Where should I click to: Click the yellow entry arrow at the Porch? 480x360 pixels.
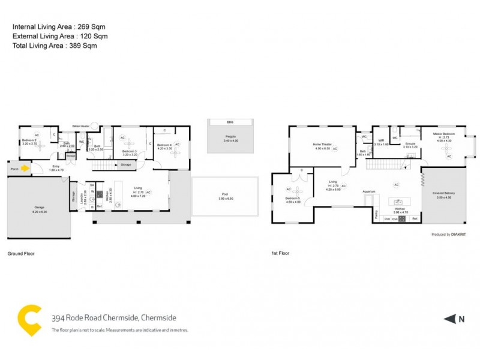coord(25,169)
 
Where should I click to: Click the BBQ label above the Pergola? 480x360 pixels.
coord(230,122)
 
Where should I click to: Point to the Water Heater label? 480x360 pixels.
coord(80,126)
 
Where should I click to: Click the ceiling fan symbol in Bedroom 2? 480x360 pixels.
coord(37,149)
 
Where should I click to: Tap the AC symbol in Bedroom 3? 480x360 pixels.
coord(122,139)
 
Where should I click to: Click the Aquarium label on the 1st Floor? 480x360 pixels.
coord(368,191)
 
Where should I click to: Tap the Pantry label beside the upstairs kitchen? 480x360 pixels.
coord(376,213)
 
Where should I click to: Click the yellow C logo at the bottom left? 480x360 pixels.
coord(29,320)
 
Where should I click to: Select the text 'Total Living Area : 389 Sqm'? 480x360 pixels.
coord(55,46)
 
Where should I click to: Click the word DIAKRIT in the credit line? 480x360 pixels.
coord(459,234)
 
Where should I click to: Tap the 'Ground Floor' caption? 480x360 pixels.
coord(21,253)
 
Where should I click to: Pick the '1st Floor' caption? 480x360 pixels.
coord(280,253)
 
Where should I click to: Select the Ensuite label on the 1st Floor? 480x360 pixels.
coord(410,144)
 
